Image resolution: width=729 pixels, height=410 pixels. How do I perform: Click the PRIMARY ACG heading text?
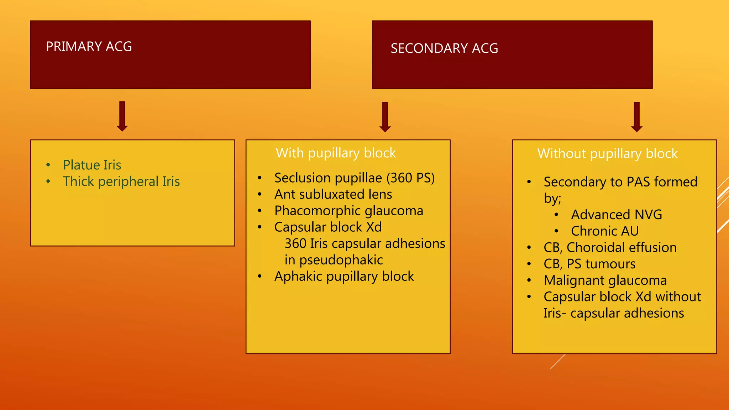click(89, 47)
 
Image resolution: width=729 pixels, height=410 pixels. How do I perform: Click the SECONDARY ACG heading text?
click(444, 48)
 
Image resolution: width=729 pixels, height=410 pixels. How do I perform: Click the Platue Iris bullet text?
click(92, 165)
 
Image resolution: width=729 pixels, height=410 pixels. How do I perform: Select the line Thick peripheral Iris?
click(121, 182)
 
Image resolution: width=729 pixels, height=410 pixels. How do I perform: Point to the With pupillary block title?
click(336, 153)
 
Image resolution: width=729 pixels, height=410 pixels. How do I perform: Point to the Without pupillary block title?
click(607, 154)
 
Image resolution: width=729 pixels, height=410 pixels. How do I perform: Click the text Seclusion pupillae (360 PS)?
click(355, 178)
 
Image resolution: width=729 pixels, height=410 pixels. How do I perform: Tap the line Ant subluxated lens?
click(333, 194)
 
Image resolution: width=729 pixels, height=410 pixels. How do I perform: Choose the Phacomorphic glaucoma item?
click(348, 211)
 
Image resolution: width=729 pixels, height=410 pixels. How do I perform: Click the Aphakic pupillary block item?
click(344, 277)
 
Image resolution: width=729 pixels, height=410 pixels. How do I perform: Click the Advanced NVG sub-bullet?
click(617, 215)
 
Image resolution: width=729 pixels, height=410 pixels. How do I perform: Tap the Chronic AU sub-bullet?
click(605, 231)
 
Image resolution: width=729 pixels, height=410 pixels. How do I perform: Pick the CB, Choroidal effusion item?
click(610, 248)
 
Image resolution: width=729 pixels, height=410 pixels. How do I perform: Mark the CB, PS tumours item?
click(589, 264)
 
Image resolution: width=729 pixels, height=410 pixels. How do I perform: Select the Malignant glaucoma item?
click(605, 280)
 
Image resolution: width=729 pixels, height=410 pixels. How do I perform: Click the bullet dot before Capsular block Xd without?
click(529, 296)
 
